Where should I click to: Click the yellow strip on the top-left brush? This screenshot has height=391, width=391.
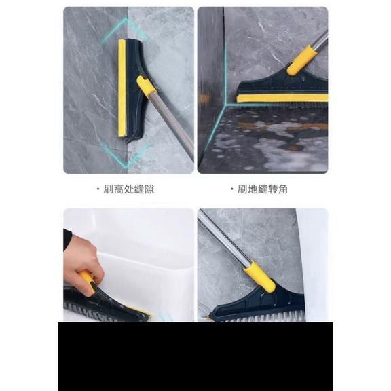(x=122, y=88)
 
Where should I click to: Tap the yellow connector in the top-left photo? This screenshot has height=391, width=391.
(x=146, y=86)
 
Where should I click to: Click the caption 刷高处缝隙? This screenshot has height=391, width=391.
(x=128, y=189)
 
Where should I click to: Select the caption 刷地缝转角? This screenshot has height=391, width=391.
(x=262, y=189)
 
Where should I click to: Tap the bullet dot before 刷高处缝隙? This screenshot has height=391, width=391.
(x=98, y=189)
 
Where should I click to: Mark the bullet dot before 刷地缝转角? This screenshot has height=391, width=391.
(x=231, y=189)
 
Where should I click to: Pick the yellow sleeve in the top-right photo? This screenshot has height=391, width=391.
(x=299, y=60)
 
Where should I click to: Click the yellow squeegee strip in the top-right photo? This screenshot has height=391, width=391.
(x=282, y=98)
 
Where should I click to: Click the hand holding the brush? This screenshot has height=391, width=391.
(x=82, y=261)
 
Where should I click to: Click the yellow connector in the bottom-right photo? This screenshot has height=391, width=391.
(x=260, y=277)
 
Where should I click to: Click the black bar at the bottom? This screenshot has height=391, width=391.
(x=195, y=356)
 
